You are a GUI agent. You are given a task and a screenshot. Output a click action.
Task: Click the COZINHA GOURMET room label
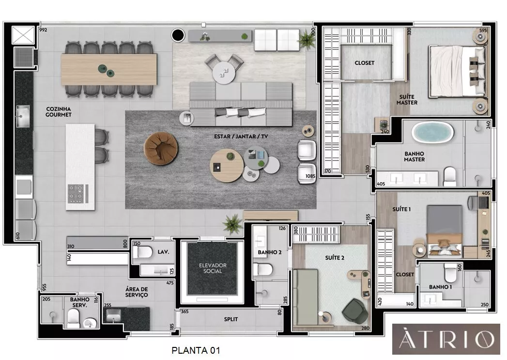58,112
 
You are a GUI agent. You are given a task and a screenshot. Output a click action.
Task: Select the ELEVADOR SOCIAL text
213,268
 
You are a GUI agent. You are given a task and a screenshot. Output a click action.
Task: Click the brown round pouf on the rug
161,148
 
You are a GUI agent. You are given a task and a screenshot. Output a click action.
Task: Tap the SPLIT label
231,319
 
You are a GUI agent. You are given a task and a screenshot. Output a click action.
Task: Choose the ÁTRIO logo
446,339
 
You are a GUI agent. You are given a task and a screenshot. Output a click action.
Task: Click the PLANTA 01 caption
196,350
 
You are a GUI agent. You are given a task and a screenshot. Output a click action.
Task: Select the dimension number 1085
310,176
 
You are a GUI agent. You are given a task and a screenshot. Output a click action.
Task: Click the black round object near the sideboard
178,35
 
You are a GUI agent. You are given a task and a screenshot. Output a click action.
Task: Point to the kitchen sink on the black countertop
23,116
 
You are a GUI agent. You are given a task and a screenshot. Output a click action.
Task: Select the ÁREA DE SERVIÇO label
137,292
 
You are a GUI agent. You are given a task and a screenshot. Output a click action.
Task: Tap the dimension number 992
43,30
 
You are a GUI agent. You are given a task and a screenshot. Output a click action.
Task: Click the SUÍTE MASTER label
407,100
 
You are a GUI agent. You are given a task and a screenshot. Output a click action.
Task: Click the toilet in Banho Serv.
74,318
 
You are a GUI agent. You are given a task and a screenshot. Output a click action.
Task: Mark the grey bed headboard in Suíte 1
444,219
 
